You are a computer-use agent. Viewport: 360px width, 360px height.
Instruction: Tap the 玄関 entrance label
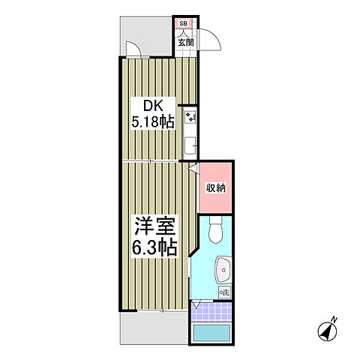point(185,43)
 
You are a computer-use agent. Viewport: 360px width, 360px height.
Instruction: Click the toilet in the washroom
point(215,231)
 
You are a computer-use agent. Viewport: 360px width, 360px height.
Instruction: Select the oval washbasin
point(223,267)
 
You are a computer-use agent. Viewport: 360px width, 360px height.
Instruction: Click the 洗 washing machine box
point(223,291)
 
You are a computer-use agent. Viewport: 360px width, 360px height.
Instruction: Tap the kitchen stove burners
point(190,118)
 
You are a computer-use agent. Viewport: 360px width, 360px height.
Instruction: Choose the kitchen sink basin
point(190,143)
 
